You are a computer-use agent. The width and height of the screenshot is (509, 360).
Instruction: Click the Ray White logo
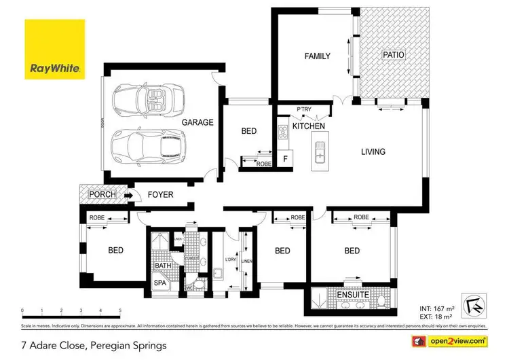pyautogui.click(x=54, y=49)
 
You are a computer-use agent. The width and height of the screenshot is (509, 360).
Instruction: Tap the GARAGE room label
pyautogui.click(x=197, y=123)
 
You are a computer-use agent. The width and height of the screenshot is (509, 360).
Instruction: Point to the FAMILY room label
pyautogui.click(x=317, y=56)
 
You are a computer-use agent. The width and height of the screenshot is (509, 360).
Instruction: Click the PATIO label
pyautogui.click(x=394, y=55)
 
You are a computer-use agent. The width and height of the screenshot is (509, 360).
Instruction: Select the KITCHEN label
pyautogui.click(x=308, y=126)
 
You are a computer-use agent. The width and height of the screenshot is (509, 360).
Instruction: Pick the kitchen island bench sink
pyautogui.click(x=318, y=154)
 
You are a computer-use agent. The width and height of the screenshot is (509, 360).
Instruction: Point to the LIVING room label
pyautogui.click(x=373, y=152)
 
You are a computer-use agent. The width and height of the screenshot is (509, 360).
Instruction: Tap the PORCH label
pyautogui.click(x=102, y=195)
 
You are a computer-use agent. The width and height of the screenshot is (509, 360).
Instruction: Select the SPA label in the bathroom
pyautogui.click(x=159, y=283)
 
